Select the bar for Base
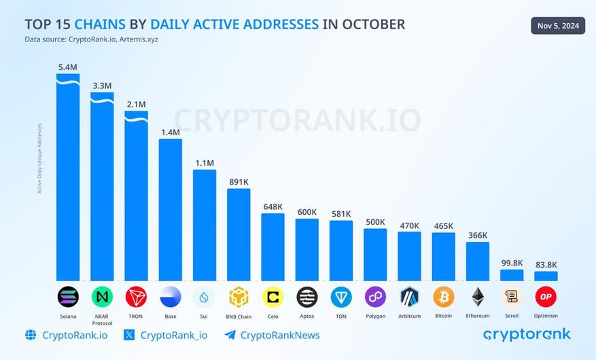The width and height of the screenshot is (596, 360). click(x=170, y=211)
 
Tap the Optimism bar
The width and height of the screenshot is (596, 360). click(x=546, y=276)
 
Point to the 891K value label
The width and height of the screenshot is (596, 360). click(x=239, y=181)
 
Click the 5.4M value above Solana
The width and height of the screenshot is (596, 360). click(x=68, y=67)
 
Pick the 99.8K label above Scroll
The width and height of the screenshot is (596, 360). click(x=512, y=262)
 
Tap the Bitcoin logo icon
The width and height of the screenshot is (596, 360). click(x=443, y=297)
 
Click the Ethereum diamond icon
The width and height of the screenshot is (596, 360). click(x=478, y=297)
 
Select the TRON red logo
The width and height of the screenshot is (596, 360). click(x=136, y=297)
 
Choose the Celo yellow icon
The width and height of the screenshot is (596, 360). click(x=273, y=297)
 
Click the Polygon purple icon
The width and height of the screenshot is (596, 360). click(x=375, y=297)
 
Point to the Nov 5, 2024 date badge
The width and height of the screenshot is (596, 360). click(x=557, y=26)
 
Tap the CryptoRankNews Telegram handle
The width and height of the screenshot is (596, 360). click(x=280, y=335)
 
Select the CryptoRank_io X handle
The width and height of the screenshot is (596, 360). click(x=173, y=335)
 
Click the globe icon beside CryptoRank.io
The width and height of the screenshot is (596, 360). click(x=31, y=335)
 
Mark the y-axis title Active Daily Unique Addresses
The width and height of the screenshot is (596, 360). click(x=39, y=158)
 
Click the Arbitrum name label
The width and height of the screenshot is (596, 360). click(x=409, y=316)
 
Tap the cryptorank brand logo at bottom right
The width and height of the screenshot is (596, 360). click(x=527, y=334)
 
